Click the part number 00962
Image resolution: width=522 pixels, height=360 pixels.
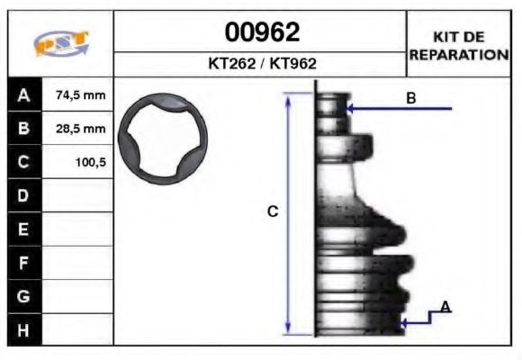point(261,33)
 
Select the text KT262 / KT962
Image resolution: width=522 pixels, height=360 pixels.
point(261,65)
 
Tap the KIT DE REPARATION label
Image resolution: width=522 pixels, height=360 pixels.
point(459,45)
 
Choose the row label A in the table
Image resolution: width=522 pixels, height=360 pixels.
point(23,95)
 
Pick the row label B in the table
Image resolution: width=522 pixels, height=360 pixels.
point(23,129)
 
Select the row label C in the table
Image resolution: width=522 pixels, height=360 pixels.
point(23,163)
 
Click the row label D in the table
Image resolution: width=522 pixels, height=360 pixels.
point(23,195)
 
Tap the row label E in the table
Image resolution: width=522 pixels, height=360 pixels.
point(23,229)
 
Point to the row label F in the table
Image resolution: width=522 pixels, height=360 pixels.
point(23,263)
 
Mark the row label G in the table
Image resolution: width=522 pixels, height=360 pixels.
point(23,296)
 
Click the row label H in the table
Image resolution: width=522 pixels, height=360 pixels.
point(23,330)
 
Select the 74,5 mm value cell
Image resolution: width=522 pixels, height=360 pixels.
point(80,95)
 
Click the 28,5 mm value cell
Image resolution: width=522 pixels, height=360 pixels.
point(80,129)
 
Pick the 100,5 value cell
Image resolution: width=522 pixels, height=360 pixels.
point(89,163)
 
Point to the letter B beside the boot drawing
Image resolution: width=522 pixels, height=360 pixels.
point(411,98)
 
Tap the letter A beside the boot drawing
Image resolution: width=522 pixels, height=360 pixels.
point(445,308)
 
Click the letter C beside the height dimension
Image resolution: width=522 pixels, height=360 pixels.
point(274,212)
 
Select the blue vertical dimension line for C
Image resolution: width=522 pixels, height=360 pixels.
point(288,212)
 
